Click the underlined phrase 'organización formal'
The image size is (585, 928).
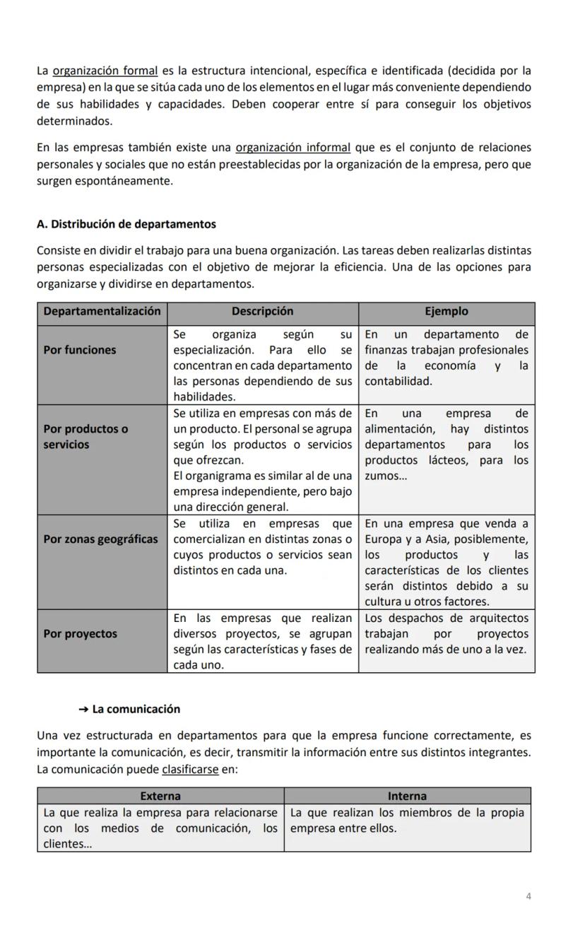coord(105,71)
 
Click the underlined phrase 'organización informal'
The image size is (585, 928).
coord(292,148)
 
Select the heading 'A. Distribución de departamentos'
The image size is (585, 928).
coord(126,224)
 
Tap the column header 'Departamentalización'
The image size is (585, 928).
coord(102,312)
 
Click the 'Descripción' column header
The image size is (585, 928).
coord(262,312)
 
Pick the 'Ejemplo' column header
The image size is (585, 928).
coord(446,312)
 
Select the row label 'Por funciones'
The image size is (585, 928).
coord(80,350)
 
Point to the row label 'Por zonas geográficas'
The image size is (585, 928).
coord(100,539)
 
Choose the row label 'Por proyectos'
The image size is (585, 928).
coord(80,634)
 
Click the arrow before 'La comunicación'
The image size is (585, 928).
coord(83,710)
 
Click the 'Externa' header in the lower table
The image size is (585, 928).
coord(160,797)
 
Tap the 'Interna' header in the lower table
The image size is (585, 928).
coord(407,797)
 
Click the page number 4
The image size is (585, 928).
coord(528,897)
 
